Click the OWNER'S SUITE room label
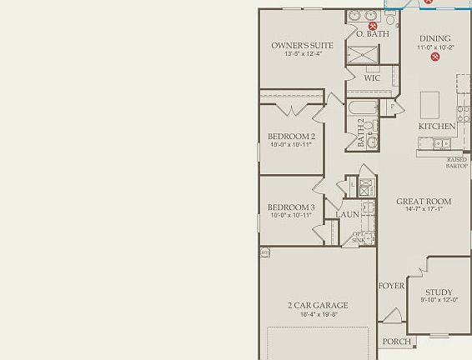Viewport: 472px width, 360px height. click(x=302, y=46)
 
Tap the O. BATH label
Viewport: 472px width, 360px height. click(x=373, y=34)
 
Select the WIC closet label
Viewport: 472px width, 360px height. click(x=372, y=78)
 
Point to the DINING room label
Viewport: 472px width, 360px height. click(x=434, y=38)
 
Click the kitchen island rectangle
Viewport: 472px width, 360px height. click(x=429, y=104)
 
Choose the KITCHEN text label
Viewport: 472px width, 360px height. click(x=437, y=127)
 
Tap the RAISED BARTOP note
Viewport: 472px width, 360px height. click(x=457, y=162)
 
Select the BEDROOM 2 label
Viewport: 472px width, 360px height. click(x=291, y=137)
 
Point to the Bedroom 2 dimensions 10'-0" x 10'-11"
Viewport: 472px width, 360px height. click(x=291, y=145)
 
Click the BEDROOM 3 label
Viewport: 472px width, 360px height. click(x=291, y=207)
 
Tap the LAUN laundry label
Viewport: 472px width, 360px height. click(x=347, y=215)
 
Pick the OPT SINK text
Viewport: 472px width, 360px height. click(x=357, y=237)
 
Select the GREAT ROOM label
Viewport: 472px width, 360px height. click(x=424, y=202)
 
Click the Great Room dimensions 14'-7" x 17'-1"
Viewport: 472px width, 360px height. click(x=424, y=210)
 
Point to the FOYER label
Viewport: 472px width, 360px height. click(x=391, y=286)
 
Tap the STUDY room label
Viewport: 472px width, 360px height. click(x=439, y=292)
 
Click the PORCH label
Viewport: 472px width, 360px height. click(x=396, y=342)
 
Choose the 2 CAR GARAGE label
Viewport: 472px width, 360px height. click(x=318, y=306)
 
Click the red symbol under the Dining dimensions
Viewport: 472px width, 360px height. click(x=435, y=57)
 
